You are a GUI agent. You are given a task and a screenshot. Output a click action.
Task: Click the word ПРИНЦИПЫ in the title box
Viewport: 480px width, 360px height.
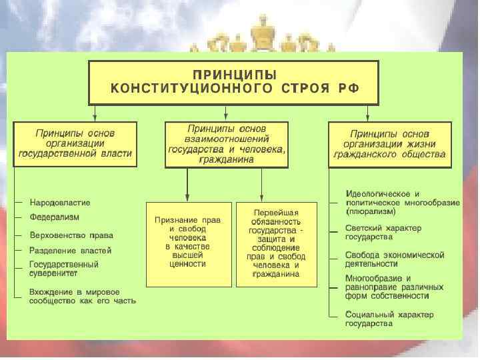(x=235, y=74)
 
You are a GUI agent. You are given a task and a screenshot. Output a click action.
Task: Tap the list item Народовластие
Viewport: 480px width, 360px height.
(x=60, y=203)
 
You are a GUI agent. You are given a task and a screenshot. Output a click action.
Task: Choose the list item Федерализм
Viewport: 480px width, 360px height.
(x=55, y=217)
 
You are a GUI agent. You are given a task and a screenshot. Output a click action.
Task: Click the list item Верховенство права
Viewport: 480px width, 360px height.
(x=71, y=235)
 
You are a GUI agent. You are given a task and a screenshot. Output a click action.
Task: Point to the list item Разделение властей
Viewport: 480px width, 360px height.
(x=70, y=251)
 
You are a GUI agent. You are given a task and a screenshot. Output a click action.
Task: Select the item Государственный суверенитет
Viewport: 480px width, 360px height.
(x=64, y=269)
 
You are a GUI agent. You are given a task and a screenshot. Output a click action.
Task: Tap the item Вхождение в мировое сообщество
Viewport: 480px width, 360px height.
(x=82, y=296)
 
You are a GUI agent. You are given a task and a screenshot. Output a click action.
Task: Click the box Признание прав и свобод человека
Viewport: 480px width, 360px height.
(x=189, y=243)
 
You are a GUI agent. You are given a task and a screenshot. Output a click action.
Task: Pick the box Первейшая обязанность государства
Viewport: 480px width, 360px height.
(x=277, y=243)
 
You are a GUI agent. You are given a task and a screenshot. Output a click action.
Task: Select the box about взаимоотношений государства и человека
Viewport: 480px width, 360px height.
(x=227, y=144)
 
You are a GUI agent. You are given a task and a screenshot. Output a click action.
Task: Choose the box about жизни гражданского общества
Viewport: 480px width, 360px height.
(x=390, y=144)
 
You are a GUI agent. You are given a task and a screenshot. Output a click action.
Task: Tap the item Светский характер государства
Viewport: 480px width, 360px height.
(x=383, y=233)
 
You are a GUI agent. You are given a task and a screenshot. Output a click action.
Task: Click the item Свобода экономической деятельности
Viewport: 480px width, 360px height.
(x=394, y=259)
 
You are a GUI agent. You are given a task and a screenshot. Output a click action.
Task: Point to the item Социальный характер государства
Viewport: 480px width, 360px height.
(x=389, y=319)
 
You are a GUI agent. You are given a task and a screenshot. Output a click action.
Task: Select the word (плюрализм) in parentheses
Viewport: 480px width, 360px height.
(x=371, y=211)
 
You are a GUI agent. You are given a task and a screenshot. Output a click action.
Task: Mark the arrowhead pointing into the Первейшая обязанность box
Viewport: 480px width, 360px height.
(x=276, y=197)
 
